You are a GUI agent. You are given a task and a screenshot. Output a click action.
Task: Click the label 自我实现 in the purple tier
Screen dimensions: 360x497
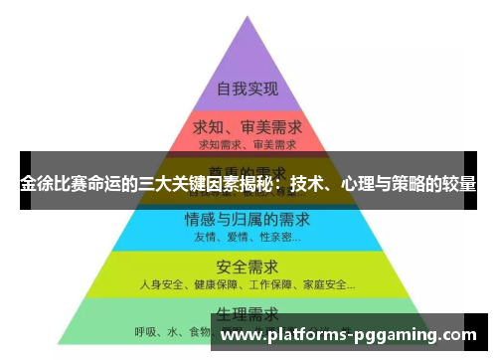247,88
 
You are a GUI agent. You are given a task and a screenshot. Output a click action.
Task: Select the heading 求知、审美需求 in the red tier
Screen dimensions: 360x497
247,129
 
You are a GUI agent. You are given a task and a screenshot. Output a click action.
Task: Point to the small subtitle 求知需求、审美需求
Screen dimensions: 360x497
247,146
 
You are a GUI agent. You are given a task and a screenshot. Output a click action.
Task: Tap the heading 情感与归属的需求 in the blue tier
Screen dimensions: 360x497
248,219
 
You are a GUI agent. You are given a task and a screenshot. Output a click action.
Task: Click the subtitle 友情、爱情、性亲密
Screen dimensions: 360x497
246,237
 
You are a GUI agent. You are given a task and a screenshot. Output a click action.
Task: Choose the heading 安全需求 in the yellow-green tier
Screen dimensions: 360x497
248,267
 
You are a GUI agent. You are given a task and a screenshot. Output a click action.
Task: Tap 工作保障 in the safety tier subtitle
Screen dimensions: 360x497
267,284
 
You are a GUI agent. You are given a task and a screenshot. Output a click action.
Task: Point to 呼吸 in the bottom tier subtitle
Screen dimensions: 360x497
146,331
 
